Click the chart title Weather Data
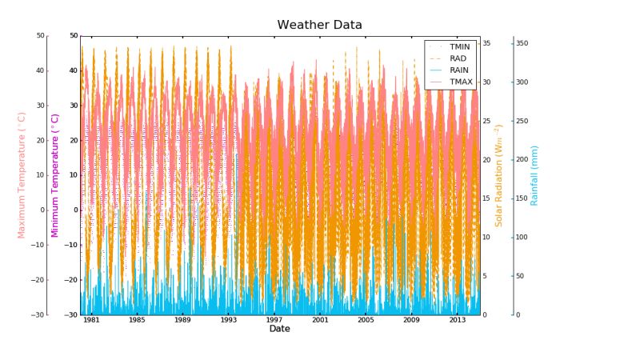319,25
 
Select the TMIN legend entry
460,47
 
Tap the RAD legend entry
458,58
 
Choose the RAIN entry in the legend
459,70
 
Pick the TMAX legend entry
460,82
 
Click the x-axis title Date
279,329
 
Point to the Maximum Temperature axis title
22,174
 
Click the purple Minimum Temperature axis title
55,174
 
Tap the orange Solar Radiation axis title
498,174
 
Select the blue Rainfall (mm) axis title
534,174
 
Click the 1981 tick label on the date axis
92,320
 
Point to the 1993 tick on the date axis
229,320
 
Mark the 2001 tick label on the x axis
320,320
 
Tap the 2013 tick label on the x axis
457,320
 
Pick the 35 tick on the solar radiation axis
486,43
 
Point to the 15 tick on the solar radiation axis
486,198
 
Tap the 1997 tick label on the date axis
274,320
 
